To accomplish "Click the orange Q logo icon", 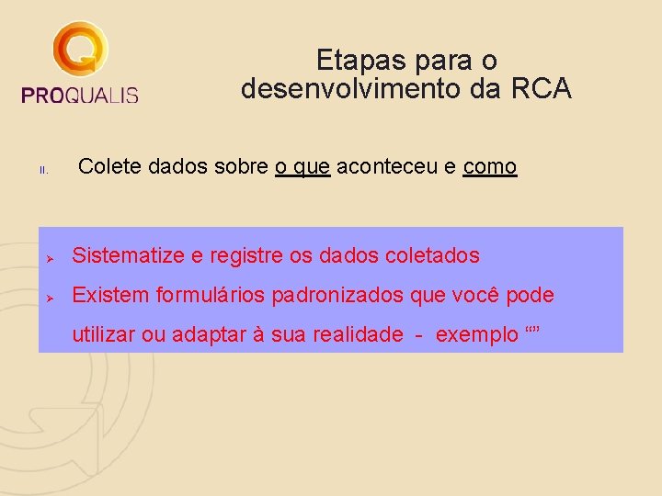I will (x=80, y=51).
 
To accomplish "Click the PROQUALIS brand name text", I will (x=79, y=95).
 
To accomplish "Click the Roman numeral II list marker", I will (x=42, y=170).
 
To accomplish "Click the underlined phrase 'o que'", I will (x=302, y=167).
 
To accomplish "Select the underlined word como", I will (x=490, y=167).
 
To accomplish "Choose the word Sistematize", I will (x=130, y=255).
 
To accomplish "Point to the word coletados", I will (x=435, y=255).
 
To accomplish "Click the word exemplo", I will (x=476, y=334).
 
